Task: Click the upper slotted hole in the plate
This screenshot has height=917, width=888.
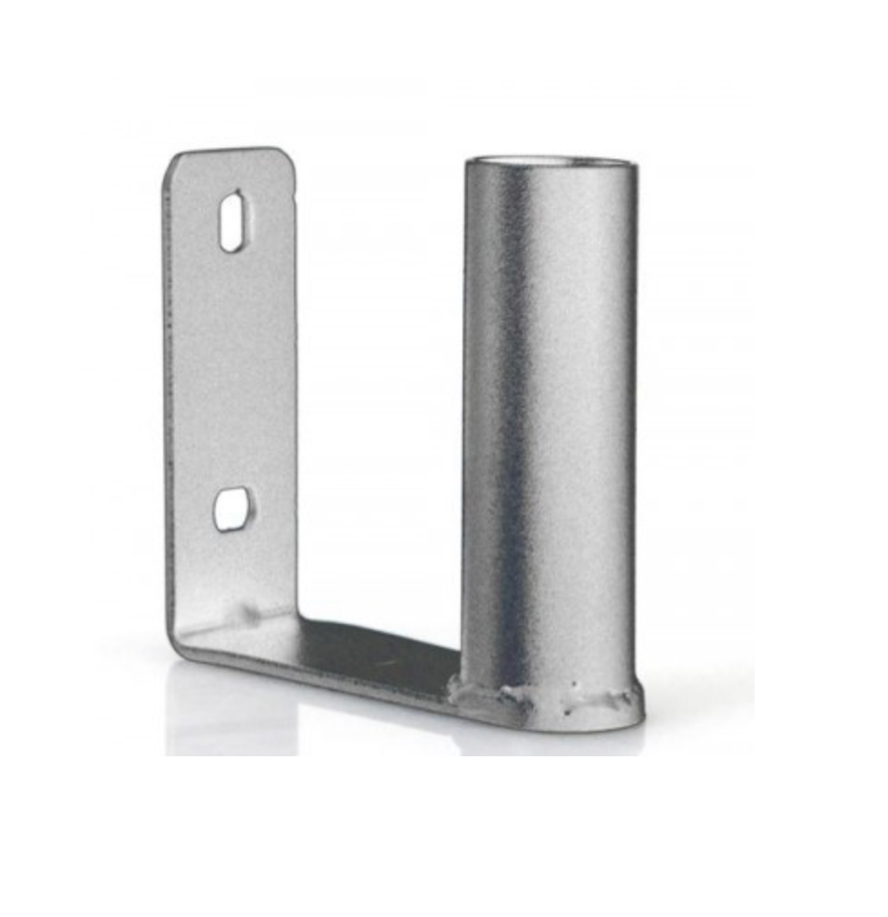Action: point(233,221)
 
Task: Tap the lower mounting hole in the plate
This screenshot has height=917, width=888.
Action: point(232,508)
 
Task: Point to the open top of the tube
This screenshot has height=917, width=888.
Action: point(551,164)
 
